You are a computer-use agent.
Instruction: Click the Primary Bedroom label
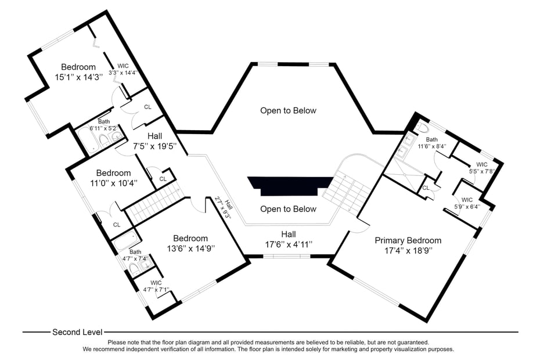point(408,240)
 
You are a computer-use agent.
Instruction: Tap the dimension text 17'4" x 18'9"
point(408,251)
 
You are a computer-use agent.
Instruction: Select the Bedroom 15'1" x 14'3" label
point(78,72)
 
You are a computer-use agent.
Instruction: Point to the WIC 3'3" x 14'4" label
point(123,70)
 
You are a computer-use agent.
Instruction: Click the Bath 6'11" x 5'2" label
point(104,125)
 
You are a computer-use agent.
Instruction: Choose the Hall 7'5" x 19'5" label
point(154,141)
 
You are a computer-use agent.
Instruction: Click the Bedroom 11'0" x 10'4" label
point(113,178)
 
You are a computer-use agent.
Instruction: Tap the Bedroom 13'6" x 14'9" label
point(190,243)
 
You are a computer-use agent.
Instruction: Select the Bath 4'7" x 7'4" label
point(135,255)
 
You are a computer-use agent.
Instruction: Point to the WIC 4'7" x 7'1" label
point(156,286)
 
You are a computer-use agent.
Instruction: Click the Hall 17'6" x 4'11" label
point(289,239)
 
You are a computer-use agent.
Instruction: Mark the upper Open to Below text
point(289,110)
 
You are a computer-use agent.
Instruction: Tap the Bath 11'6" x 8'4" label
point(432,143)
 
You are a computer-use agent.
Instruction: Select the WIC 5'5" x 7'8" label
point(481,168)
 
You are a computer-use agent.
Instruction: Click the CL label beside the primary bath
point(426,188)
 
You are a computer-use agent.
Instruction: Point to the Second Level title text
point(77,332)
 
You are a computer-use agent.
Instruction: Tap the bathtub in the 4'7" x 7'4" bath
point(124,239)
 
